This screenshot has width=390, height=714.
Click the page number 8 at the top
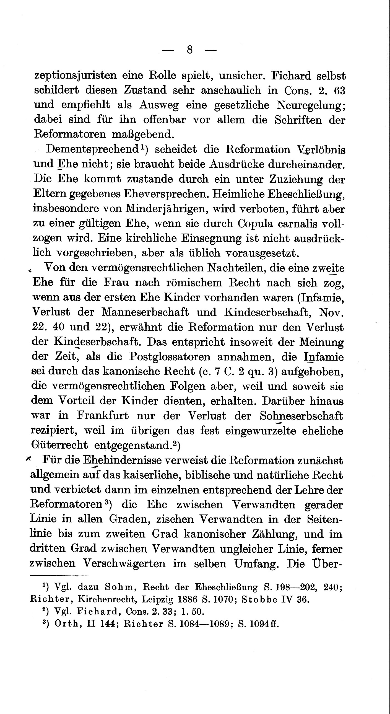pos(190,50)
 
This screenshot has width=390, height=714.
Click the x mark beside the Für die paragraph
pos(28,459)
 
